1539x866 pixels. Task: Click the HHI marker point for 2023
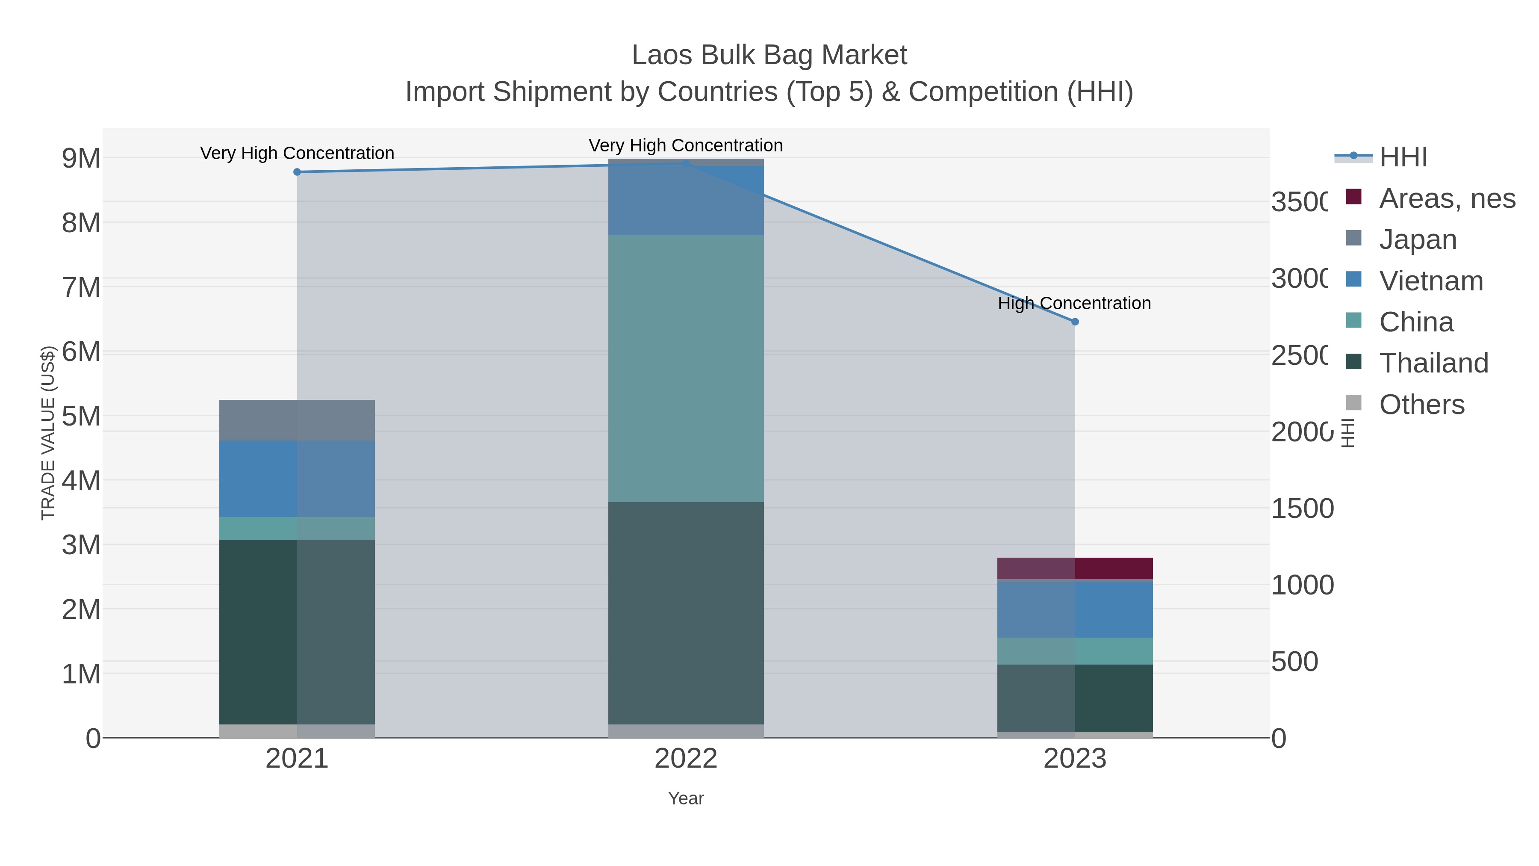(1075, 322)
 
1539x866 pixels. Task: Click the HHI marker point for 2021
(297, 172)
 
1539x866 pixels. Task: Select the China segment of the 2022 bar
(686, 368)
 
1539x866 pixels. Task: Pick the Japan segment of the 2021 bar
(297, 420)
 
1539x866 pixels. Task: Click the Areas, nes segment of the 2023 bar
(1075, 568)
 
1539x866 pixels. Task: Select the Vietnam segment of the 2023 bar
(1075, 609)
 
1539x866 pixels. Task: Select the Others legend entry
(1421, 405)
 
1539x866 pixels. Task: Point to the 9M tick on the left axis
(81, 158)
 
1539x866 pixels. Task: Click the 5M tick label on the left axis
(81, 416)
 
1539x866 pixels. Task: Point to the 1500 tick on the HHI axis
(1303, 508)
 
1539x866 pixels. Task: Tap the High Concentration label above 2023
(1074, 303)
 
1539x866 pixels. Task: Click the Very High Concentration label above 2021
(297, 153)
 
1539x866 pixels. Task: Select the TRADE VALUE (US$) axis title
(48, 433)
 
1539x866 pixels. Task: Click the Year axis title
(686, 798)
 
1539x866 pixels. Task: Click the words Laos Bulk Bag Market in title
(769, 55)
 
